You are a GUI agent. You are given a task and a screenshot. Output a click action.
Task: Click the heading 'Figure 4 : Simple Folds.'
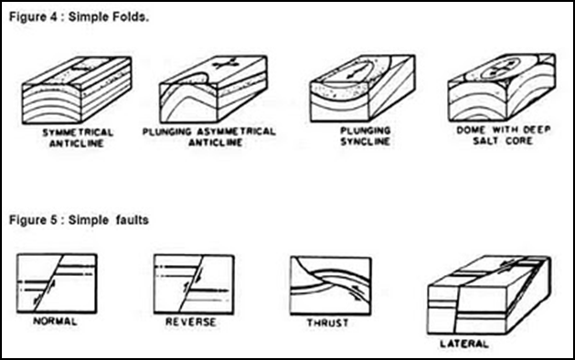pos(79,17)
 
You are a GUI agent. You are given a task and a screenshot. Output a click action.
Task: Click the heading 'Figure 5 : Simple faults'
pos(79,220)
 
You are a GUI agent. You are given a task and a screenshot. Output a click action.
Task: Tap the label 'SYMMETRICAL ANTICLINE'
pos(78,137)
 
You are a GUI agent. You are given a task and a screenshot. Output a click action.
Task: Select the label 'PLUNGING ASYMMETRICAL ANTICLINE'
pos(209,137)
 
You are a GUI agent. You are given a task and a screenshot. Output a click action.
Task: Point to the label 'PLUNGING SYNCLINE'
pos(366,136)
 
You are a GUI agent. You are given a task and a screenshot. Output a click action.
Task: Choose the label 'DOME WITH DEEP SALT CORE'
pos(503,135)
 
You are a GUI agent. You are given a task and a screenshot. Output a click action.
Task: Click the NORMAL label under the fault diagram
pos(55,322)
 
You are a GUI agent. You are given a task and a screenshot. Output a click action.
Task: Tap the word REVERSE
pos(191,322)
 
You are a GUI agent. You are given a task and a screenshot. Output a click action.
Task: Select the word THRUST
pos(327,323)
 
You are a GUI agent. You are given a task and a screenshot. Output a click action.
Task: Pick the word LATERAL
pos(464,344)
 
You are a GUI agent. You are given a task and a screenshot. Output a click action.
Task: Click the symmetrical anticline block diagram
pos(77,90)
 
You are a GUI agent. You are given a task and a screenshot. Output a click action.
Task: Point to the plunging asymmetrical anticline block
pos(213,89)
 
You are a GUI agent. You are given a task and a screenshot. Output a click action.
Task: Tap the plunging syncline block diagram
pos(362,88)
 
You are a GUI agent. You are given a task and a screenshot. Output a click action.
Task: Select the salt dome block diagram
pos(502,87)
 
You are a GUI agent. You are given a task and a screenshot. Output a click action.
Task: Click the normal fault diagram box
pos(57,283)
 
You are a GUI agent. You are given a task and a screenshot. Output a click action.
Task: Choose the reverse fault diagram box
pos(194,284)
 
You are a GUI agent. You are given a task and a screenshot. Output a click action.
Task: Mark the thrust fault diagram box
pos(330,286)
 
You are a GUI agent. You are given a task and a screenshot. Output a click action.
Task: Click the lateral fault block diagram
pos(489,295)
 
